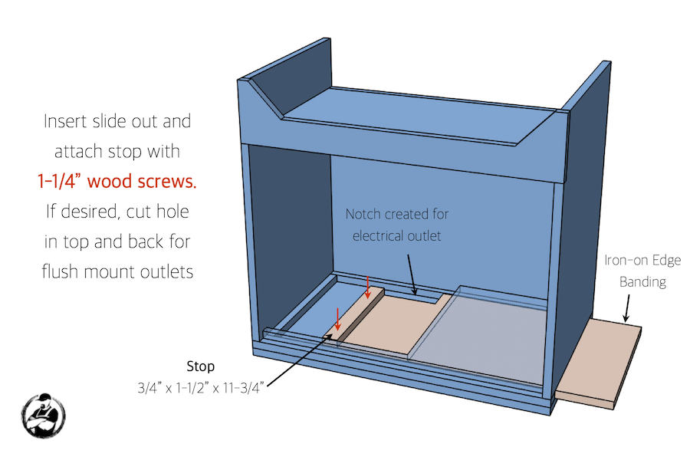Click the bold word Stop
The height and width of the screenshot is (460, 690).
click(x=201, y=366)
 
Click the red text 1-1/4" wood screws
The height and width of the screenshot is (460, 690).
click(x=117, y=182)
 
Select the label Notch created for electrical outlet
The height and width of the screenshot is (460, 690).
click(x=396, y=225)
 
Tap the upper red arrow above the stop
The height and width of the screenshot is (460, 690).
click(x=369, y=287)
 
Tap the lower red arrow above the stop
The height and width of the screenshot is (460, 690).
click(x=337, y=317)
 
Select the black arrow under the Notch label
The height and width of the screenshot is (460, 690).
click(x=411, y=274)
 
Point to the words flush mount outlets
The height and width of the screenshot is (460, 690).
click(x=117, y=271)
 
